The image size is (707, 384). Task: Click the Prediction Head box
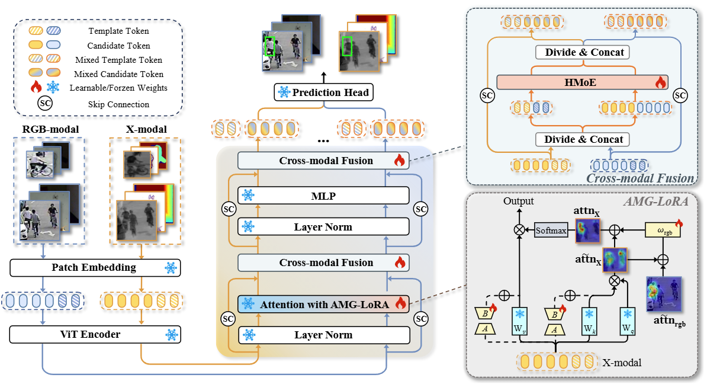point(324,92)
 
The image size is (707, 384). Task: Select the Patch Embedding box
point(95,268)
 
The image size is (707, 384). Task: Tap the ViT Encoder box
point(95,335)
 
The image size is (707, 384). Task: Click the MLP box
point(323,195)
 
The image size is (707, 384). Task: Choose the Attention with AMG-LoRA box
point(323,305)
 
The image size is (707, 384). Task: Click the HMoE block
point(582,82)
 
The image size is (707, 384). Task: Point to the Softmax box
point(551,229)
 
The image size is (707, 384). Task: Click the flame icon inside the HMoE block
point(660,83)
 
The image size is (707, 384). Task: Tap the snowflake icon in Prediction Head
point(283,92)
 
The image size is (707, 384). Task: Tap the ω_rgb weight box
point(663,229)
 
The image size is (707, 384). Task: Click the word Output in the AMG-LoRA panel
point(519,201)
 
